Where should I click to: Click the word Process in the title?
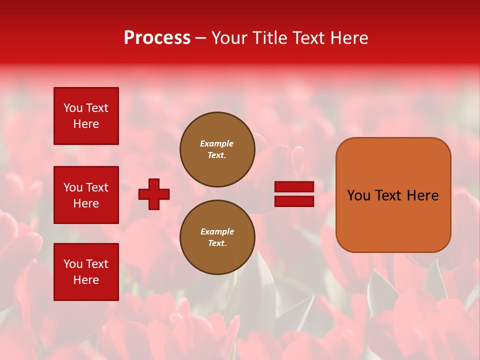157,38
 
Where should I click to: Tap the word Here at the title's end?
348,38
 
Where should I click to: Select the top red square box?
86,116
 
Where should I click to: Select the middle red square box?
86,195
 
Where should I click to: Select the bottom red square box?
86,272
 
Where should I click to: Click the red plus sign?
154,194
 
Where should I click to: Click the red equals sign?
294,194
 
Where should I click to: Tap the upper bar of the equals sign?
294,187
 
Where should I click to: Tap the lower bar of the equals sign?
294,201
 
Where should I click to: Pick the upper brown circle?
217,149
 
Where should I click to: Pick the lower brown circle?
217,237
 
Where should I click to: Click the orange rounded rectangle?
393,195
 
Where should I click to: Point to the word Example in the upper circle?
217,144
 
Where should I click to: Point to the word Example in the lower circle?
217,232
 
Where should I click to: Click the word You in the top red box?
73,108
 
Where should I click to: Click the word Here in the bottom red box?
86,280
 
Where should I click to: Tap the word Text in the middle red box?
97,187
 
